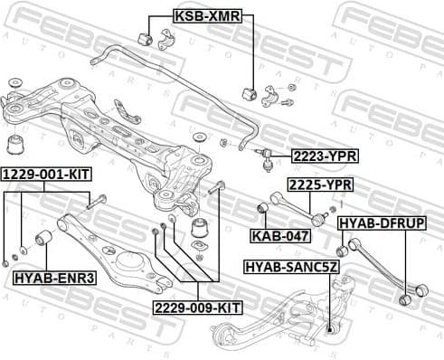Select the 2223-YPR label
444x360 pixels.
[325, 156]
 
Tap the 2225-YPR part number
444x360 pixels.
[320, 185]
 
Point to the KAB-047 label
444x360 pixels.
[280, 236]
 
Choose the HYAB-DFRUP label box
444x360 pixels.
[382, 223]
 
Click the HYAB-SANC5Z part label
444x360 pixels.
[292, 267]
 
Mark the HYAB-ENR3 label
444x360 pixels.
[54, 277]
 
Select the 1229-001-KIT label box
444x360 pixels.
[44, 173]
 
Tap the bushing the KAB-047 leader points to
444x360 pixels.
[262, 209]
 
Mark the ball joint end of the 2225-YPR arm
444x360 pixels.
[319, 218]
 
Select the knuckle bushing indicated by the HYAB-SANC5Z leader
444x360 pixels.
[332, 327]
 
